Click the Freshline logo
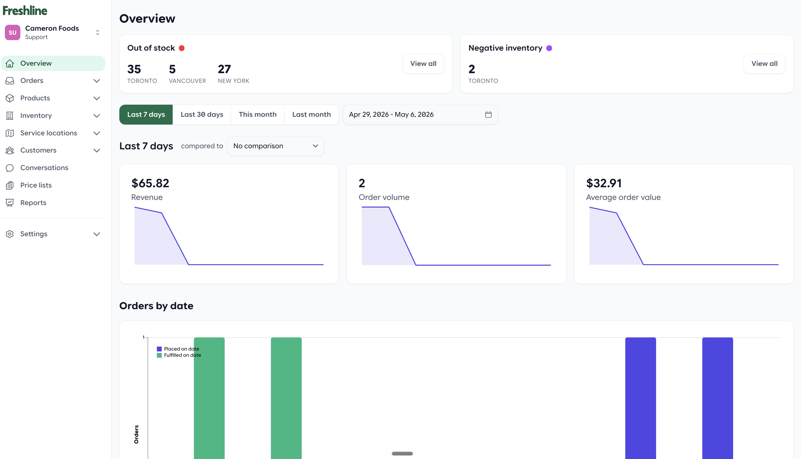(25, 10)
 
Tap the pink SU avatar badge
(13, 33)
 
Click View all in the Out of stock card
(423, 64)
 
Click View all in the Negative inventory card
(764, 64)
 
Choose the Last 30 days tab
(202, 114)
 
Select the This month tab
(257, 114)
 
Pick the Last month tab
(311, 114)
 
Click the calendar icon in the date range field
(488, 114)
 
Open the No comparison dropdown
(276, 146)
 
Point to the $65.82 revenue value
(150, 183)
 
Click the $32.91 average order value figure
(604, 183)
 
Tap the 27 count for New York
(224, 69)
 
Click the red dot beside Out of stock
(182, 48)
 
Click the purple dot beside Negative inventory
(549, 48)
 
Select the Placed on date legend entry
(178, 349)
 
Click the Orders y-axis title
(136, 435)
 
